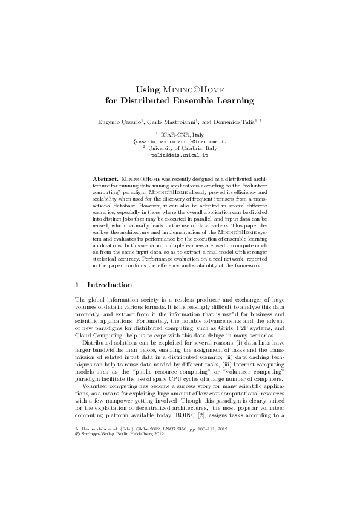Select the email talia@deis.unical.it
180,155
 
